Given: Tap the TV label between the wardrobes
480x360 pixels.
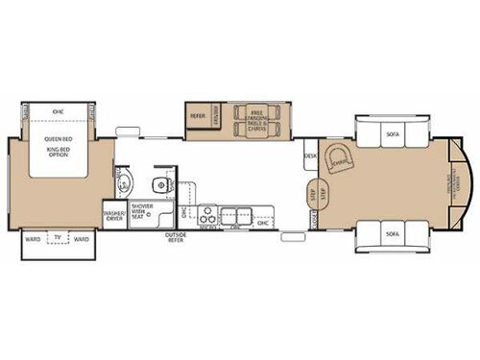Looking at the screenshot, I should click(60, 237).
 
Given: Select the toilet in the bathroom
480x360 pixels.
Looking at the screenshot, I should click(124, 183).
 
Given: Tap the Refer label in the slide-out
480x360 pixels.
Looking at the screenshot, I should click(198, 116).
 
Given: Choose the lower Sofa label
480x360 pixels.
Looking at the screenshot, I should click(394, 232).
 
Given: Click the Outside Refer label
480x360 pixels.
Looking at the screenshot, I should click(175, 238).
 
